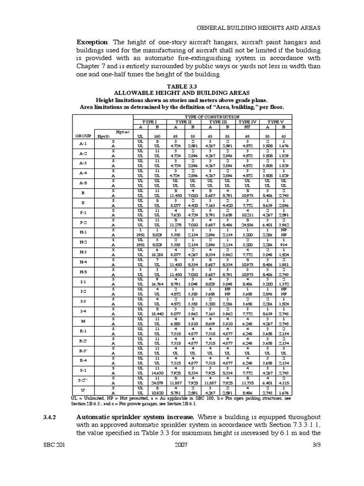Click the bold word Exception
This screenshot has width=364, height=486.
[x=93, y=42]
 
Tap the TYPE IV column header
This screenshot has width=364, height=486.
[x=247, y=122]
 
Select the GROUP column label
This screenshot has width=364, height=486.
[x=83, y=136]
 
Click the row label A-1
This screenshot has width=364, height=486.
[x=83, y=143]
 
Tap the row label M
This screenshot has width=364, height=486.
[x=83, y=321]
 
